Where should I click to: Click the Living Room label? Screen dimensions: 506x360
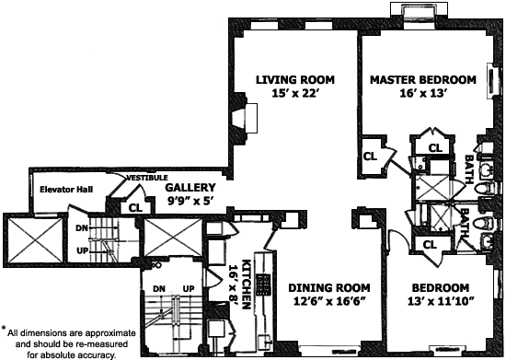[x=295, y=79]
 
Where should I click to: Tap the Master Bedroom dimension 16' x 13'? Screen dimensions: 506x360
[x=423, y=93]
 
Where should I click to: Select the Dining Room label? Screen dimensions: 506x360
[x=329, y=287]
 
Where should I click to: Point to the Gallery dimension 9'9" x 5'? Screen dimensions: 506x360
[x=190, y=201]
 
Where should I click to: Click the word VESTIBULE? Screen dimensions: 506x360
[x=147, y=178]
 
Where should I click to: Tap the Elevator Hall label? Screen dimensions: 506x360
[x=66, y=189]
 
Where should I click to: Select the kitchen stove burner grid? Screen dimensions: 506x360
[x=263, y=285]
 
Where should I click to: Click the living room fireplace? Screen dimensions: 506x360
[x=246, y=118]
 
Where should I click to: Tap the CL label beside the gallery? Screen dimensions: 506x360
[x=135, y=207]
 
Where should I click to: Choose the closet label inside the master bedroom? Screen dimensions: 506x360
[x=370, y=157]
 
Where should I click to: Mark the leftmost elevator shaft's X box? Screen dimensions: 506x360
[x=35, y=240]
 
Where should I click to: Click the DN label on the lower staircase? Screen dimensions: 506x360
[x=159, y=288]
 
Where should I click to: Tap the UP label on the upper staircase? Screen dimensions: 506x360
[x=82, y=250]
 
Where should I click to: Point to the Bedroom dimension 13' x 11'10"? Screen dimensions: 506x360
[x=440, y=302]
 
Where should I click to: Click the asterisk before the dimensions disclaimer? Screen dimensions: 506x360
[x=4, y=329]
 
